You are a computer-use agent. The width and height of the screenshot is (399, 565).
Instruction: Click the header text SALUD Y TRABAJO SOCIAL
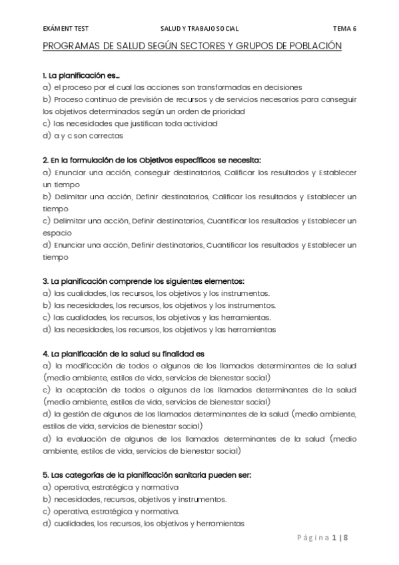coord(200,29)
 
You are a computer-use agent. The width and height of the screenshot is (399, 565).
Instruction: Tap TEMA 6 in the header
coord(344,29)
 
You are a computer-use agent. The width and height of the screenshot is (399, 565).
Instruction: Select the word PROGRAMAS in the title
coord(69,46)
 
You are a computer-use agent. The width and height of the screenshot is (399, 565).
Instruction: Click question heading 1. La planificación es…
coord(81,75)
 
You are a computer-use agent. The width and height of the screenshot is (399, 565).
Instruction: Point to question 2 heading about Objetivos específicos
coord(151,160)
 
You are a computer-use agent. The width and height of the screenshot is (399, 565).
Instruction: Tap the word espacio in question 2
coord(56,233)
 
